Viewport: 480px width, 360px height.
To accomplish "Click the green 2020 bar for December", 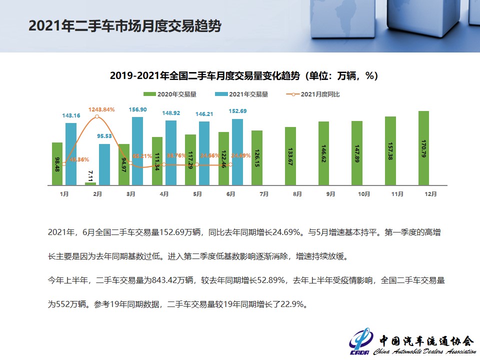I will pyautogui.click(x=423, y=148).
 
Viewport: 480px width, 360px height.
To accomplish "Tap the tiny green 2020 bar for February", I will pyautogui.click(x=90, y=183).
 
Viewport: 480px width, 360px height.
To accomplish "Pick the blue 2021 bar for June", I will pyautogui.click(x=237, y=152).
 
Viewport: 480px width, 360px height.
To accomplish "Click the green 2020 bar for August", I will pyautogui.click(x=290, y=156).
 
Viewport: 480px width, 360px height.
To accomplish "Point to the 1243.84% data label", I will pyautogui.click(x=101, y=109).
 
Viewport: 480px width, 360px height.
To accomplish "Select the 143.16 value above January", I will pyautogui.click(x=71, y=115).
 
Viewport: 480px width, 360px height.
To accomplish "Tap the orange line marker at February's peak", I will pyautogui.click(x=97, y=116).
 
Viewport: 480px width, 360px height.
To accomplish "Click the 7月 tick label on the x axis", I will pyautogui.click(x=264, y=194).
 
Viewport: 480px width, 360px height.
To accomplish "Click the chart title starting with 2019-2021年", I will pyautogui.click(x=243, y=75).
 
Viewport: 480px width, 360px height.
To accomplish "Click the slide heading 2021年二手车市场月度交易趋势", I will pyautogui.click(x=124, y=26).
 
